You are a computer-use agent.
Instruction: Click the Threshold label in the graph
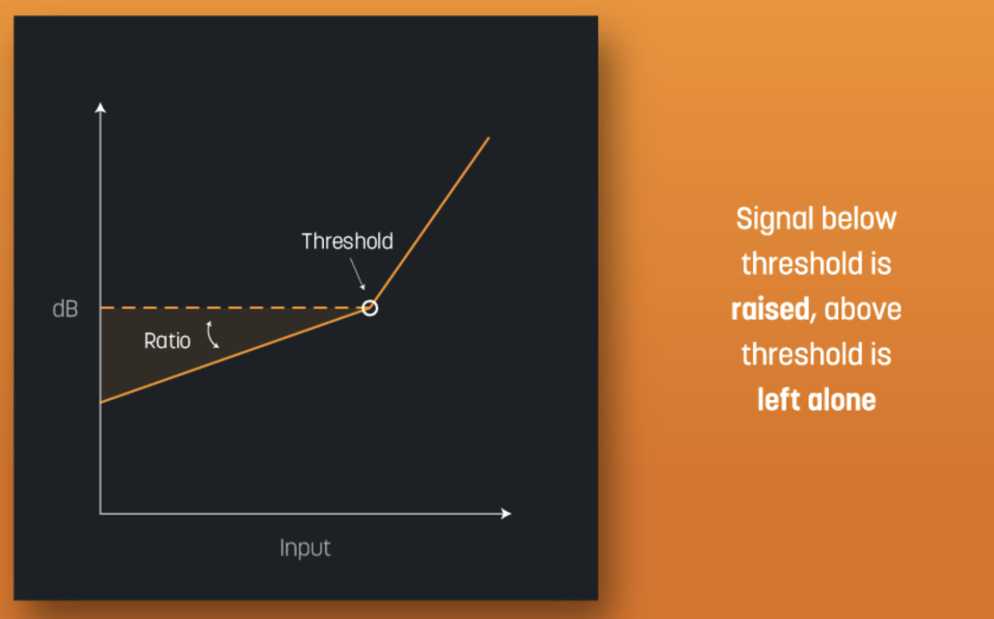[x=347, y=242]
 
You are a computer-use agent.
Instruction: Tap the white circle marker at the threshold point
[x=370, y=308]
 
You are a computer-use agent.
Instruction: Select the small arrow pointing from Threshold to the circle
[x=357, y=273]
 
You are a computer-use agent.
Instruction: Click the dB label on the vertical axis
[x=65, y=309]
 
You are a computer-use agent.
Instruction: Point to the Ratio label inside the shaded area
[x=167, y=341]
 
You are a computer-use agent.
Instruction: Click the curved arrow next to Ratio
[x=212, y=335]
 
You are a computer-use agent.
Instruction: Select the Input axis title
[x=305, y=548]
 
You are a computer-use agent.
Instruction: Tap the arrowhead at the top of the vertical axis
[x=100, y=107]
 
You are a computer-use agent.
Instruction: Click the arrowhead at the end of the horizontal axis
[x=506, y=513]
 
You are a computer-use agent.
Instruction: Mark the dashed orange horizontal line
[x=226, y=308]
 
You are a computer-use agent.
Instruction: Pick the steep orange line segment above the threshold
[x=430, y=221]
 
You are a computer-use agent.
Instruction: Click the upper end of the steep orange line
[x=488, y=138]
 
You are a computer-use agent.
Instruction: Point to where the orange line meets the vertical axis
[x=101, y=402]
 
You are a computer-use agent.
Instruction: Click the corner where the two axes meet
[x=100, y=513]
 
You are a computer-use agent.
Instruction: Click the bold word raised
[x=770, y=309]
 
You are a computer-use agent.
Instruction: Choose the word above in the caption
[x=863, y=309]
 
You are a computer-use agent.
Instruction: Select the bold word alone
[x=841, y=400]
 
